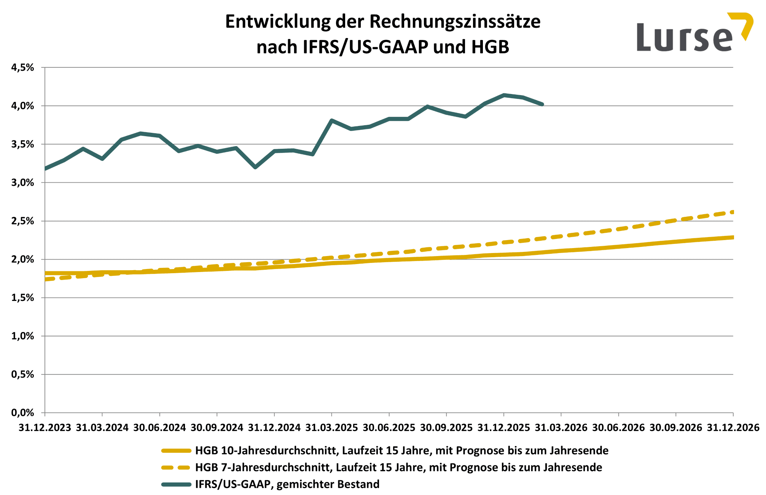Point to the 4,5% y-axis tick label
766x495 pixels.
[23, 68]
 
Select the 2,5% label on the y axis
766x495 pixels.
[23, 221]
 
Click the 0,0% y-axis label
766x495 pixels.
[23, 413]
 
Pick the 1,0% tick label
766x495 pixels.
[23, 336]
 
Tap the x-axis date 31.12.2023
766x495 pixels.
[45, 428]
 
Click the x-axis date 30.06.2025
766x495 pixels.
[389, 428]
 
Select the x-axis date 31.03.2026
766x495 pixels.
[561, 428]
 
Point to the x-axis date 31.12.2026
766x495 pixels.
[733, 428]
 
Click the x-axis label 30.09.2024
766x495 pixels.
[217, 428]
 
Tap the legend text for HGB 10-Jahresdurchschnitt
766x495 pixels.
[401, 450]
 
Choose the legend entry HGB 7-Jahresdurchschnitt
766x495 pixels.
[398, 467]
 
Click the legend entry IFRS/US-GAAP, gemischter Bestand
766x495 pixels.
[287, 484]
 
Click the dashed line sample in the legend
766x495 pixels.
[176, 467]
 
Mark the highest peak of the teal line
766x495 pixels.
[504, 95]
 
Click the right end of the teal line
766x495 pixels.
[542, 104]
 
